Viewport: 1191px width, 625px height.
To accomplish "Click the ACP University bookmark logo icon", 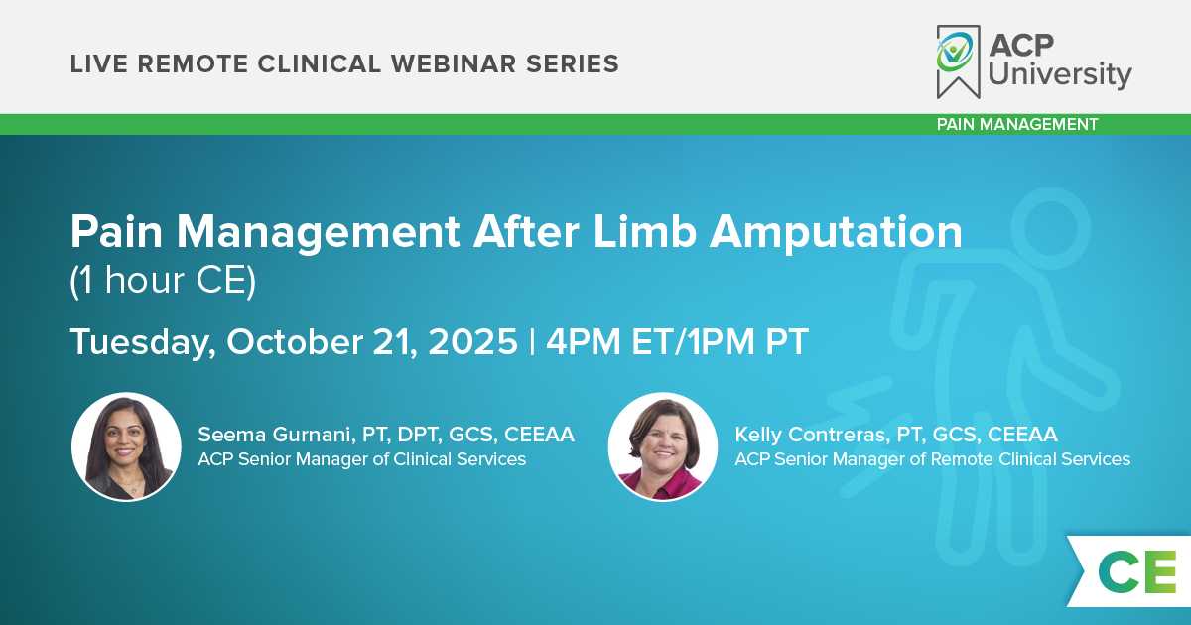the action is pyautogui.click(x=958, y=62).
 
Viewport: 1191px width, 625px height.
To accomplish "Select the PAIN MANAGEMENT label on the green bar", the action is pyautogui.click(x=1017, y=124).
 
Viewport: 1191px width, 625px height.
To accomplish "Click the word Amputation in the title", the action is pyautogui.click(x=836, y=233).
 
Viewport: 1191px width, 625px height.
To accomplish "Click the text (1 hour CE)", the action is pyautogui.click(x=163, y=280).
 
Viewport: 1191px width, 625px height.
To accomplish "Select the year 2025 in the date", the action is pyautogui.click(x=472, y=341).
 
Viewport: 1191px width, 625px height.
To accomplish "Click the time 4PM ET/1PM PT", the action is pyautogui.click(x=677, y=341).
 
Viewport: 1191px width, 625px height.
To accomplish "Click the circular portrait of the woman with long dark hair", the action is pyautogui.click(x=127, y=446).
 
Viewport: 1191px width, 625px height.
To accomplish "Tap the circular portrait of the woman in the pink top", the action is pyautogui.click(x=663, y=446).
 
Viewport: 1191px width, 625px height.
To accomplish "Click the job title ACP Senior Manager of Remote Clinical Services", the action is pyautogui.click(x=933, y=459).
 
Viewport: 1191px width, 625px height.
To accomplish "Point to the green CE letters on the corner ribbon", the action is pyautogui.click(x=1136, y=571).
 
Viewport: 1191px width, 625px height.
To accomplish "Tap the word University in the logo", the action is pyautogui.click(x=1060, y=74).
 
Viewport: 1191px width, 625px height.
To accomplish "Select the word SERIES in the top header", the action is pyautogui.click(x=573, y=63).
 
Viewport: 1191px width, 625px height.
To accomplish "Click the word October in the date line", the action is pyautogui.click(x=295, y=341).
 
